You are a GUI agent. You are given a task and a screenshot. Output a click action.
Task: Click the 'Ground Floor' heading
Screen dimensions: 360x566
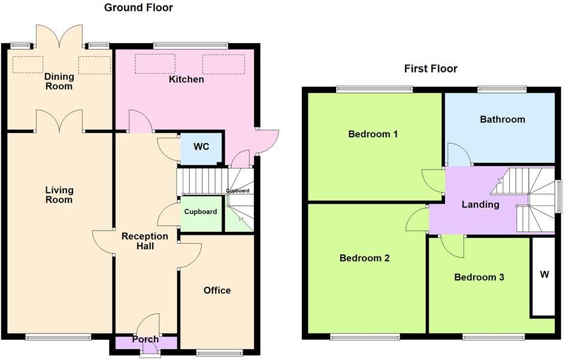coord(138,8)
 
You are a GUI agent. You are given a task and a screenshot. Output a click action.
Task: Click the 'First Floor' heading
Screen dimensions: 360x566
coord(431,69)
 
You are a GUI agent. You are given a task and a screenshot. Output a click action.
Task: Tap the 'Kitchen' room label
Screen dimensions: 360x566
coord(186,79)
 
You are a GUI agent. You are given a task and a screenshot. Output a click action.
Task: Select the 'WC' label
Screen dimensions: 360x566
coord(201,147)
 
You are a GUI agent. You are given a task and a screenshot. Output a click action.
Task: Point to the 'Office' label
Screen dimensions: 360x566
coord(217,291)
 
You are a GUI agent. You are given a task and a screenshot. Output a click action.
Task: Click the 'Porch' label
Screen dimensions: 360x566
coord(146,340)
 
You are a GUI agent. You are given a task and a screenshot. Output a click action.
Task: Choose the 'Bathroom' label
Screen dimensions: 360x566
coord(503,119)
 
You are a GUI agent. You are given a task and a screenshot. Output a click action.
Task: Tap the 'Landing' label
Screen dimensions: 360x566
coord(480,204)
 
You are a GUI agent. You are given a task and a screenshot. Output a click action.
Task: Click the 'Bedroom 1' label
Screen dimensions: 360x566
coord(373,134)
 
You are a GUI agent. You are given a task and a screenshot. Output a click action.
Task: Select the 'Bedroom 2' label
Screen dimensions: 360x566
coord(364,258)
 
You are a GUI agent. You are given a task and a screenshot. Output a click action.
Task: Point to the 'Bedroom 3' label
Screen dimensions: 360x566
coord(479,277)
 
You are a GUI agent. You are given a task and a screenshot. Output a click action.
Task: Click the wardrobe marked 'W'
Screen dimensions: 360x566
coord(544,276)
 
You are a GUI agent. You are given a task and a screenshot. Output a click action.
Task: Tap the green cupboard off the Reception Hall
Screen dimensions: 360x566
coord(201,212)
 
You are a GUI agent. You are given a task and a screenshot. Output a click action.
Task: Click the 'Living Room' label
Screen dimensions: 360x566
coord(59,195)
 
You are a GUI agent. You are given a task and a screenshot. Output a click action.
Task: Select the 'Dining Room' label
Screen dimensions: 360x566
coord(59,81)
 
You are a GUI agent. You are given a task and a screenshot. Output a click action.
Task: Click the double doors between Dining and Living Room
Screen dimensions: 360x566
coord(59,122)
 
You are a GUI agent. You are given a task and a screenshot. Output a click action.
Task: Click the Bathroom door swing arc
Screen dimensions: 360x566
coord(459,154)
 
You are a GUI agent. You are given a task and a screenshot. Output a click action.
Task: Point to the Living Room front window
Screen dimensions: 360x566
coord(59,337)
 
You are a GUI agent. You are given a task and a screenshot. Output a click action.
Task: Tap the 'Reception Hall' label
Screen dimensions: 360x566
coord(146,241)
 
